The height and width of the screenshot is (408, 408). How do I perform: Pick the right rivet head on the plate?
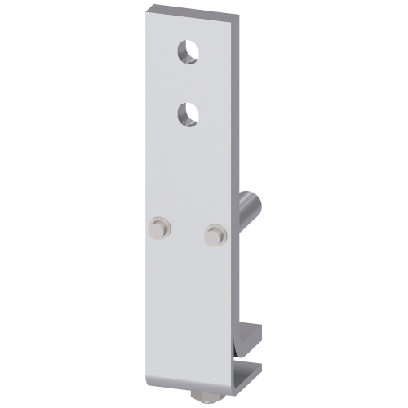pos(215,233)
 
